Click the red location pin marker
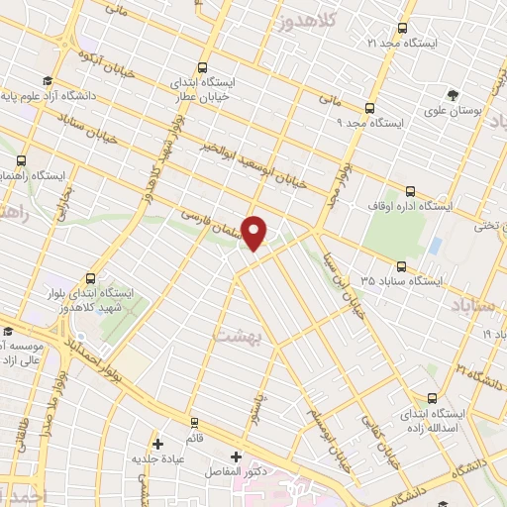tap(255, 233)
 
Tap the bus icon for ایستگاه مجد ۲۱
tap(402, 29)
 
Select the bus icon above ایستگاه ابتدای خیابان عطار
tap(202, 68)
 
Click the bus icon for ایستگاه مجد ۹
tap(369, 109)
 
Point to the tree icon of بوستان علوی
tap(453, 95)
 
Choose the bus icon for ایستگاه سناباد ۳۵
tap(401, 266)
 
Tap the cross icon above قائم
tap(157, 443)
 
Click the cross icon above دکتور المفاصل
tap(235, 457)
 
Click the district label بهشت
tap(236, 336)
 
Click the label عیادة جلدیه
tap(160, 460)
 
